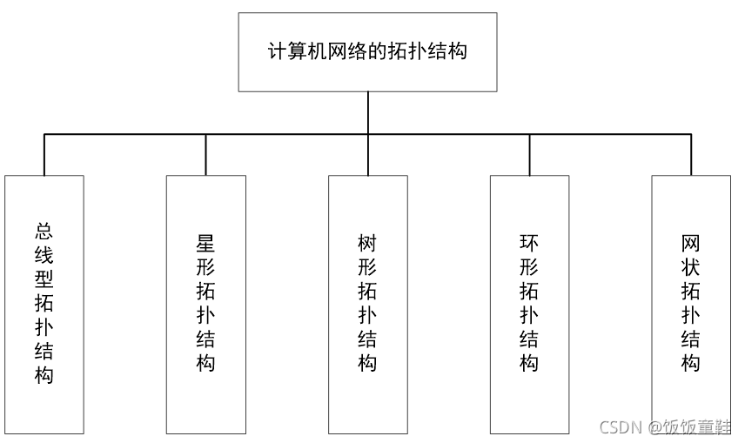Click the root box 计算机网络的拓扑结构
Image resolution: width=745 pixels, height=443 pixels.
pyautogui.click(x=367, y=52)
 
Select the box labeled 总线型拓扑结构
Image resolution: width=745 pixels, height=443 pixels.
pyautogui.click(x=44, y=304)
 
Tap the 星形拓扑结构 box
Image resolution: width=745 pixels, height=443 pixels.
pyautogui.click(x=205, y=304)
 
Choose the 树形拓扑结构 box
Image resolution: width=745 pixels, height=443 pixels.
pyautogui.click(x=367, y=304)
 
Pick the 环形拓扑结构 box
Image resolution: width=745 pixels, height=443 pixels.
pyautogui.click(x=529, y=304)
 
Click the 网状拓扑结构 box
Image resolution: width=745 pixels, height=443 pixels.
pyautogui.click(x=690, y=304)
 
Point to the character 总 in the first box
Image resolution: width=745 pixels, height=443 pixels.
pyautogui.click(x=44, y=232)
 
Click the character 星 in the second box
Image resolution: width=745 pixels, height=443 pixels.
pyautogui.click(x=205, y=244)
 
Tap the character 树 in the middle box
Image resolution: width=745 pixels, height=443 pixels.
pyautogui.click(x=367, y=244)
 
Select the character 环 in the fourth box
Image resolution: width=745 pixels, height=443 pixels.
pyautogui.click(x=529, y=244)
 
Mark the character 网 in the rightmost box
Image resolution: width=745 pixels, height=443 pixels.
pyautogui.click(x=690, y=244)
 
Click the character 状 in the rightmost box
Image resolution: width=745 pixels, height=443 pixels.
pyautogui.click(x=690, y=267)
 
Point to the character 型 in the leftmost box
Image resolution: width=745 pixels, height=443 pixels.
pyautogui.click(x=44, y=279)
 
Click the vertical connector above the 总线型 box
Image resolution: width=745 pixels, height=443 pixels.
pyautogui.click(x=44, y=155)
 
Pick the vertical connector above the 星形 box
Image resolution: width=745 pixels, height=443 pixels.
pyautogui.click(x=205, y=155)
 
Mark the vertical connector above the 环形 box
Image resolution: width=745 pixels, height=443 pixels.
pyautogui.click(x=529, y=155)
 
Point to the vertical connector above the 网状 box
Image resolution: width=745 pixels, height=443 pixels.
pyautogui.click(x=690, y=155)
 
